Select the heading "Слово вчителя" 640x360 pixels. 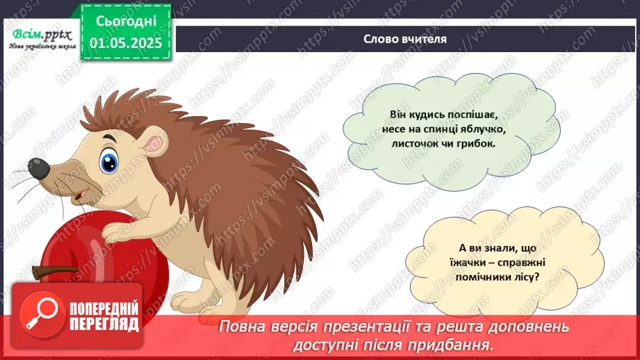pos(405,39)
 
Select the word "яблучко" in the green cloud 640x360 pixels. pos(470,129)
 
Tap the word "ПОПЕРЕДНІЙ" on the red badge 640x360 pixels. pos(103,308)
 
